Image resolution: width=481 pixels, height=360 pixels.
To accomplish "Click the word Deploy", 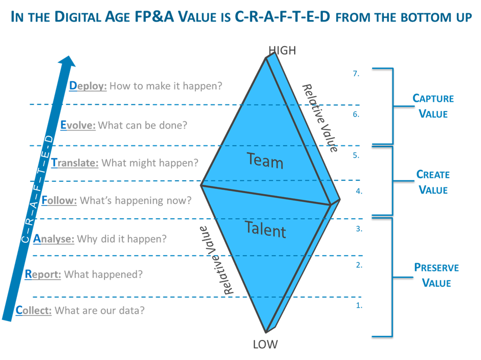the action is pos(88,86).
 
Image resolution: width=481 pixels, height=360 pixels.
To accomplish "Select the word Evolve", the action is pos(78,125).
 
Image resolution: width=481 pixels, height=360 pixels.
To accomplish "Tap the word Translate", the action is pos(75,163).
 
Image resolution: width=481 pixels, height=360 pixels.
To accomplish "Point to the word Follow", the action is pos(59,200).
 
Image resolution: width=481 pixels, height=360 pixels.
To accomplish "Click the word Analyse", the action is pos(53,239).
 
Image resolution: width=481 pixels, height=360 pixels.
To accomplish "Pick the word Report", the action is pos(43,274).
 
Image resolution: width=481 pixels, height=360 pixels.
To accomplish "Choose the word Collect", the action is pos(33,310).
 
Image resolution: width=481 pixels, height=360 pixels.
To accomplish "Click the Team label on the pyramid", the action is pos(265,160).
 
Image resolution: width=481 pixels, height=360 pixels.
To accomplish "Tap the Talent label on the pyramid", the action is pos(266,229).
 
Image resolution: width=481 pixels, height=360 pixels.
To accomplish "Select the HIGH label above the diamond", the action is pos(282,50).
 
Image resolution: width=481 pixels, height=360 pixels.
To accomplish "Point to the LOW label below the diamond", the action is pos(266,344).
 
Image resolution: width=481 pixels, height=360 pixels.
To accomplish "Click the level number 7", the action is pos(356,74).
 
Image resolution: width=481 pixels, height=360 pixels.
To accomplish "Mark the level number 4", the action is pos(359,191).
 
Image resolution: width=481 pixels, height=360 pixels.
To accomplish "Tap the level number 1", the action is pos(359,305).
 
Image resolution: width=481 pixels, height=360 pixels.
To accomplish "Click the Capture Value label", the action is pos(433,106).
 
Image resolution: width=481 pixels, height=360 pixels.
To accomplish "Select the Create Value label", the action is pos(433,182).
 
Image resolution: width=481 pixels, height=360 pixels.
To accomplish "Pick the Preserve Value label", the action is pos(436,276).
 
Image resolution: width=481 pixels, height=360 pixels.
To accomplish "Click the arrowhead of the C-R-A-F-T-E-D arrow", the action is pos(68,61).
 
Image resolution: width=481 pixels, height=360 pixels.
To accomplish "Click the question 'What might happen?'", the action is pos(150,163).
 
